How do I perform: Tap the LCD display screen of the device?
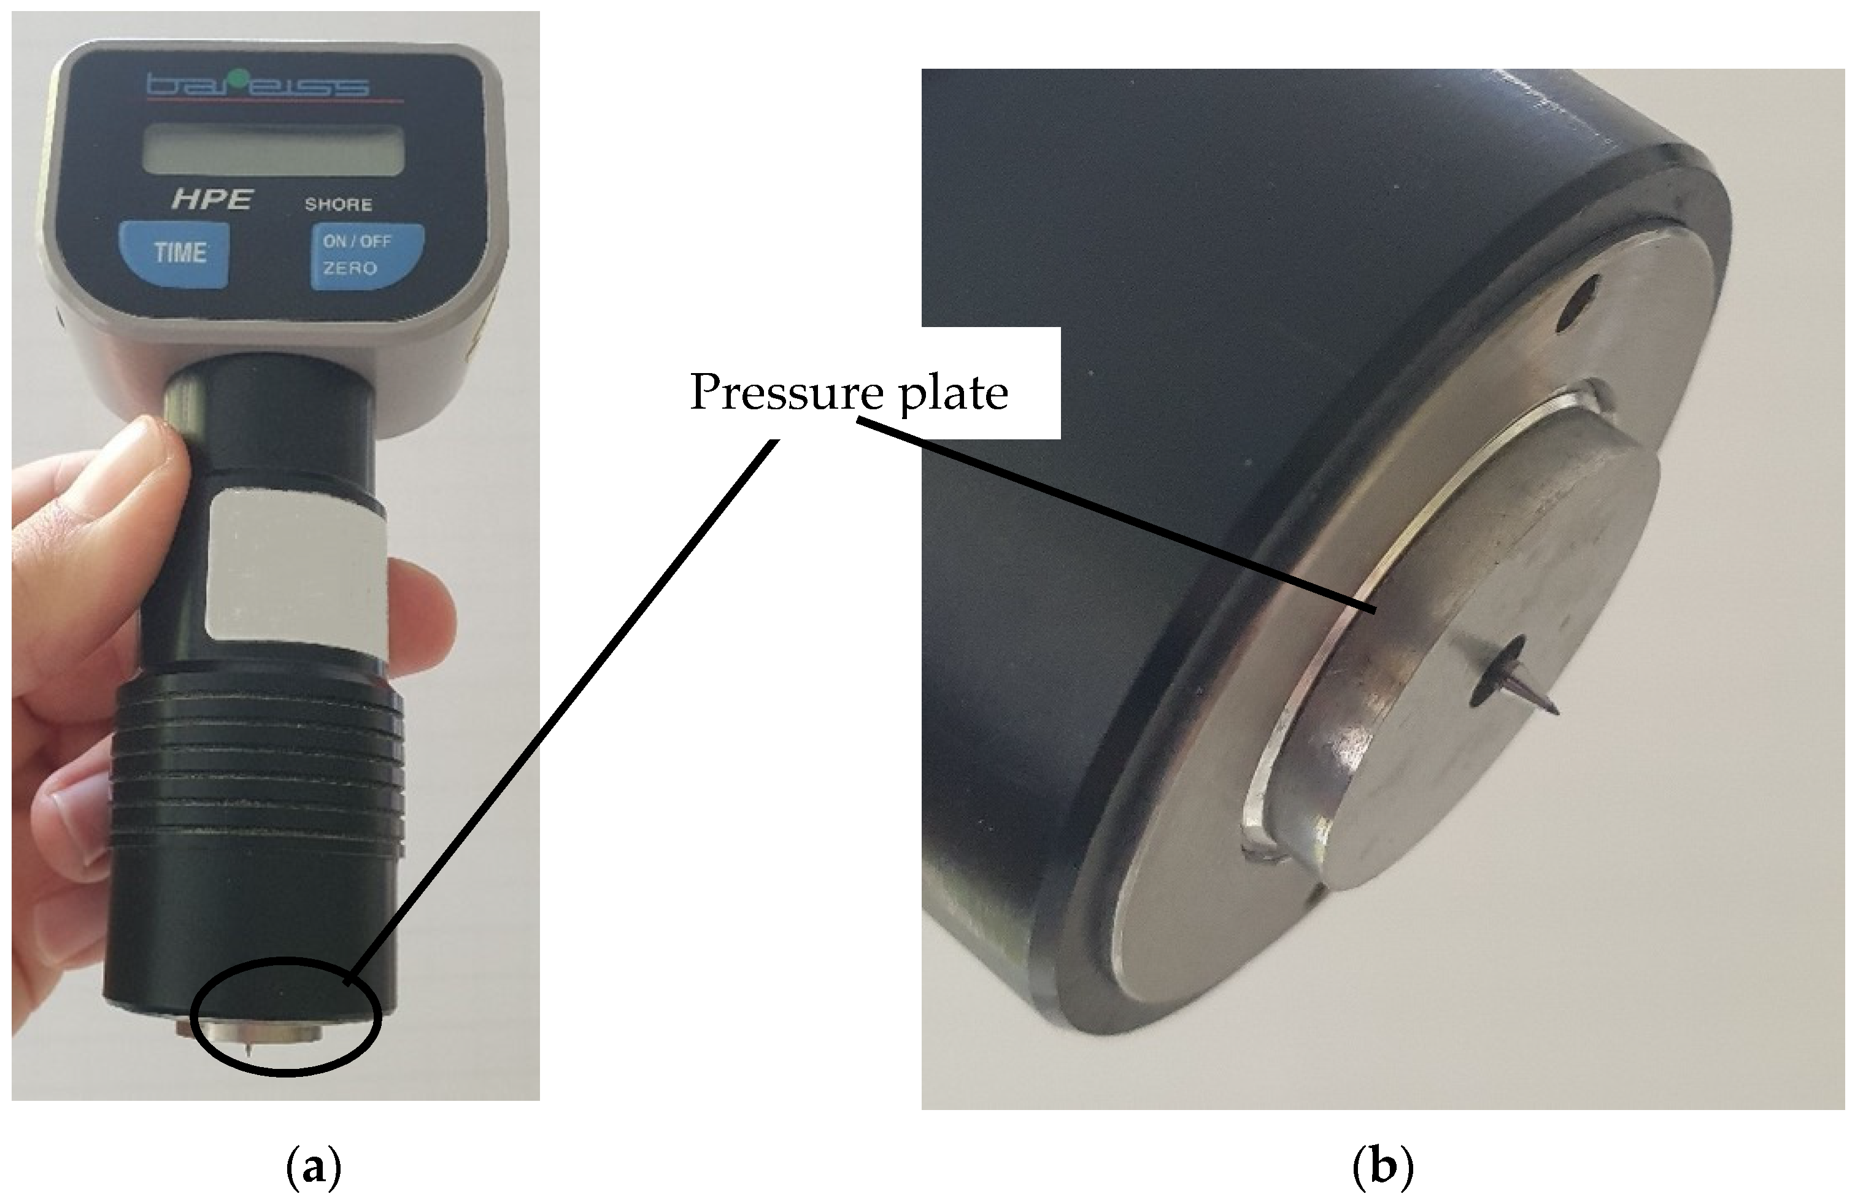point(275,150)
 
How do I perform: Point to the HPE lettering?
point(212,199)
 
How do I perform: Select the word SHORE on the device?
point(338,205)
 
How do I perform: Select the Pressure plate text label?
point(849,391)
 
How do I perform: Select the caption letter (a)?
point(315,1168)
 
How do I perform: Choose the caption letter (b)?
point(1383,1168)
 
